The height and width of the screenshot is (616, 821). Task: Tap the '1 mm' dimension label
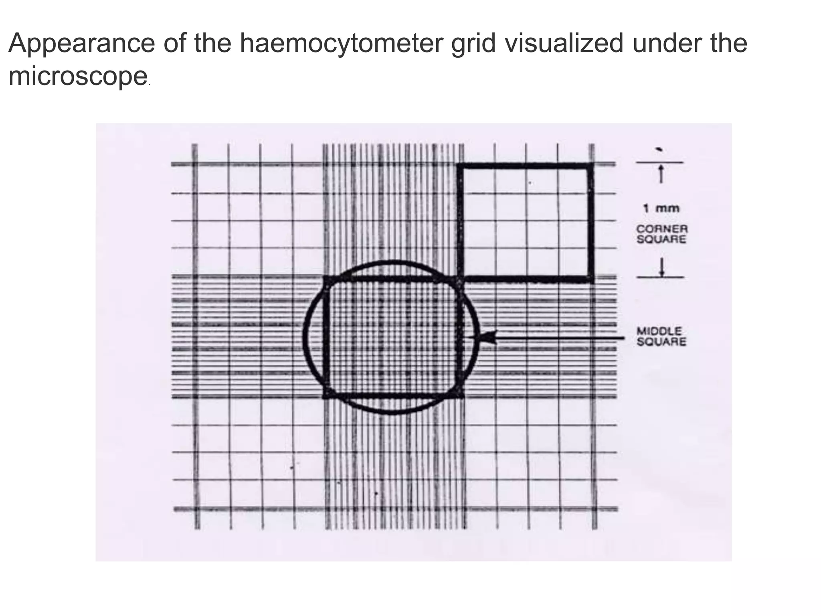(x=661, y=208)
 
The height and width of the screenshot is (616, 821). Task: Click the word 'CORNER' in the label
(x=662, y=229)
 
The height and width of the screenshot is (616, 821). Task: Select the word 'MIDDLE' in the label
(x=659, y=331)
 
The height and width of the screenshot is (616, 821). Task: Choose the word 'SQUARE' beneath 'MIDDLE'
(x=661, y=342)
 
